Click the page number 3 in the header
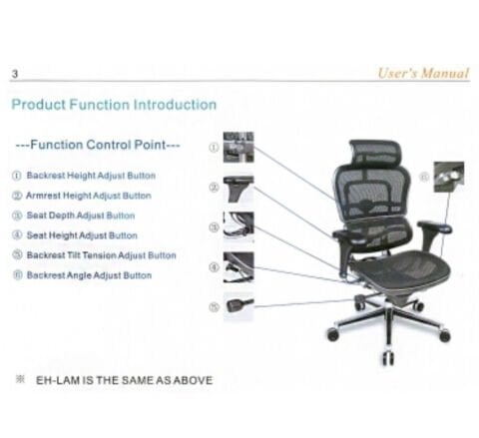(15, 76)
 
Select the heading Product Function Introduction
(114, 105)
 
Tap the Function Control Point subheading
(99, 146)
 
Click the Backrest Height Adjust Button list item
(84, 176)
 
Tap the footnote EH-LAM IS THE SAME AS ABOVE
(124, 380)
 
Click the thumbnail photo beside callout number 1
(238, 147)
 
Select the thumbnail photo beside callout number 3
(238, 224)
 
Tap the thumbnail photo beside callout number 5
(239, 304)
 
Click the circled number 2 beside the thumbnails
(214, 187)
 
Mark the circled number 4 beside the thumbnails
(214, 266)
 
